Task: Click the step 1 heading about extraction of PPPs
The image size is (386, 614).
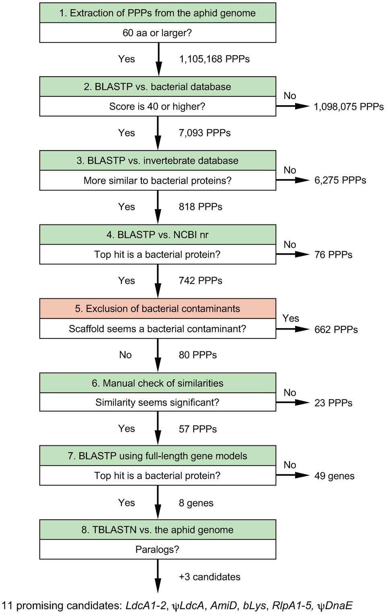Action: [157, 13]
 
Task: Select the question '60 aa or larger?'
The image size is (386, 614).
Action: [157, 33]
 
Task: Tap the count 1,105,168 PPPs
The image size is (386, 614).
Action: [214, 59]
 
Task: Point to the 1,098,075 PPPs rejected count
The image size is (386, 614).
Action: [348, 107]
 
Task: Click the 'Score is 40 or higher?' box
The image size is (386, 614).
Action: [157, 106]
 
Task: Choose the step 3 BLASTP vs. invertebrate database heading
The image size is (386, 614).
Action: [157, 161]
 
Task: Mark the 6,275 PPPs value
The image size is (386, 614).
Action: [340, 180]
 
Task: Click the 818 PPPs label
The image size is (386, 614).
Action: [200, 207]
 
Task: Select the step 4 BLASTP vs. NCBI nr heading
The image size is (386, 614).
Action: [157, 235]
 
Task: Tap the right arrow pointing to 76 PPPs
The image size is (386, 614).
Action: [292, 254]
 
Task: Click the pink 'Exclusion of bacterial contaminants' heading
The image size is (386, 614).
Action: [157, 308]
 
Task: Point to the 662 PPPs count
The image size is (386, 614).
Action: [336, 330]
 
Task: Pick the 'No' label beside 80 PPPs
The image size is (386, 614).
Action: [125, 355]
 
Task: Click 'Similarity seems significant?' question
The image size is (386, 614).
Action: [157, 402]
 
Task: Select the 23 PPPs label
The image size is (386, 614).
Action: [333, 403]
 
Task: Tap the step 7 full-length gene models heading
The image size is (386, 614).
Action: [157, 456]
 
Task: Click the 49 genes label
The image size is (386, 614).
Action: [334, 476]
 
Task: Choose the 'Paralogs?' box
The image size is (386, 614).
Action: [157, 549]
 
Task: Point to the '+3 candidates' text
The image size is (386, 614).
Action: [209, 577]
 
